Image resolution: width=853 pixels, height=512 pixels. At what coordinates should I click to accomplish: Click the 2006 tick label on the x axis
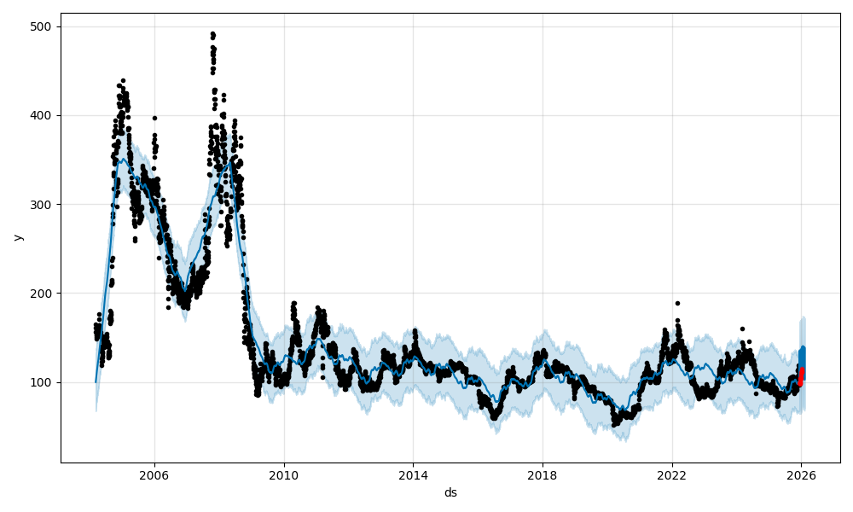[x=154, y=476]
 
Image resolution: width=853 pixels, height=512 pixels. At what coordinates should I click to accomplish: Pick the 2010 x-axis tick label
[x=284, y=476]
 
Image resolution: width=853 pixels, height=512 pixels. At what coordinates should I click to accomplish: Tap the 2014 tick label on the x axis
[x=413, y=476]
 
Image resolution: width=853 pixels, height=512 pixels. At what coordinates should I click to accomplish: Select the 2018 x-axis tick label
[x=543, y=476]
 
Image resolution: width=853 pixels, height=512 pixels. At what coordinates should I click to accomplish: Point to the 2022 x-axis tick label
[x=672, y=476]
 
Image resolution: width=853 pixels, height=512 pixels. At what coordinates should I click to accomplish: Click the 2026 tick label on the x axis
[x=801, y=476]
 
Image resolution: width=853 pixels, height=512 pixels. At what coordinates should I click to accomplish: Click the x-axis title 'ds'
[x=450, y=492]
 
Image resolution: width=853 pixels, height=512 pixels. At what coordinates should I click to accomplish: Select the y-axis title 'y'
[x=16, y=237]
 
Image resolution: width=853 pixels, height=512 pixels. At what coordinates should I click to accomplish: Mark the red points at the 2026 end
[x=801, y=376]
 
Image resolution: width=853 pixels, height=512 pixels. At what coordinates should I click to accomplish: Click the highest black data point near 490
[x=212, y=34]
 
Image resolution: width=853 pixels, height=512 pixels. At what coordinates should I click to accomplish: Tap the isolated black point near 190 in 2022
[x=677, y=303]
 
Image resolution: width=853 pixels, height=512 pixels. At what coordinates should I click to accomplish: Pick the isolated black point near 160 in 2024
[x=742, y=329]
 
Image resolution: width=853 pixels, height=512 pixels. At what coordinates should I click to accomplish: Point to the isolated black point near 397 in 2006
[x=154, y=118]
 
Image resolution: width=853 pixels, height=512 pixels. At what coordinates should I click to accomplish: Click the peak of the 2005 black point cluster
[x=123, y=80]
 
